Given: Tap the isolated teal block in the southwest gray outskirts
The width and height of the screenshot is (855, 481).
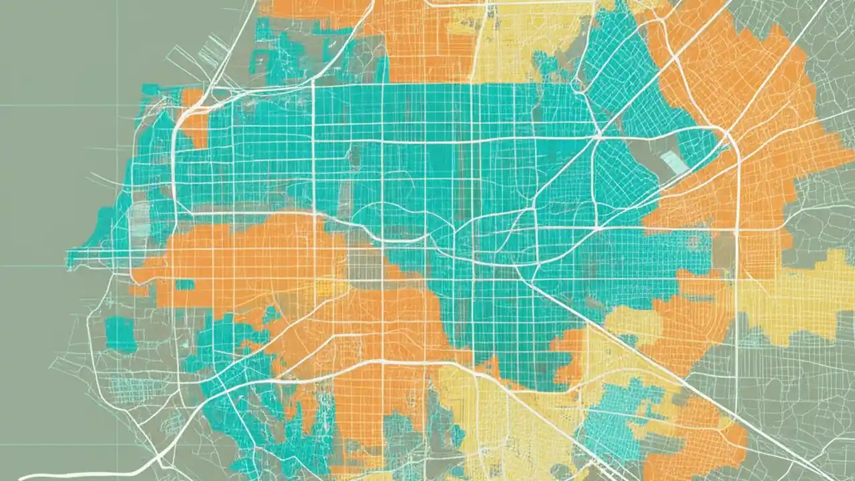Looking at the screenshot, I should pos(120,333).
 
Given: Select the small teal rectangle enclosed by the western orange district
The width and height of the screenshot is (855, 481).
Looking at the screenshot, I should pos(184,285).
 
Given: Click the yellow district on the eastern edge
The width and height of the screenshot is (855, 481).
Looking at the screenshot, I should pos(802,294).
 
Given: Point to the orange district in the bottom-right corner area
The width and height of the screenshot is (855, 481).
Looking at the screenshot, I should pos(701,434).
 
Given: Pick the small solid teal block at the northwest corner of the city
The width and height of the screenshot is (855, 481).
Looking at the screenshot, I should pos(150,90).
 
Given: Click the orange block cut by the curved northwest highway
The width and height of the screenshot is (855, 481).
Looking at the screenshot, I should pos(194,120).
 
